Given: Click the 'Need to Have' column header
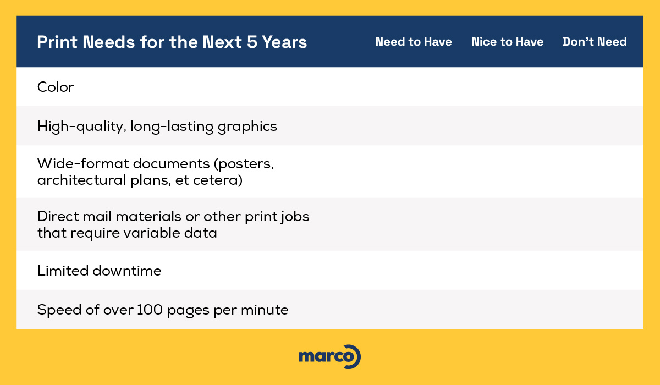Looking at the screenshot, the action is [x=414, y=42].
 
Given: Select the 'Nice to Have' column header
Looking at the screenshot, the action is [x=507, y=42].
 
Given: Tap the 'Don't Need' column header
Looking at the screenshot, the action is [x=595, y=42].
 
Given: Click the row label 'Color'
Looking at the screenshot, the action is [x=56, y=87].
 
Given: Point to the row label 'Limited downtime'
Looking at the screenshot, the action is [x=100, y=271].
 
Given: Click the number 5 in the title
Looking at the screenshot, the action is [x=252, y=42].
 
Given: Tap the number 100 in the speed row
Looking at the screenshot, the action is [x=150, y=310].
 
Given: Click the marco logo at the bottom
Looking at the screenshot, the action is [x=330, y=357].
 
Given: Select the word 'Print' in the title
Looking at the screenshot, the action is [x=57, y=42].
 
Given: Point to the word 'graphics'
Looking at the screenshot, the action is [x=247, y=127].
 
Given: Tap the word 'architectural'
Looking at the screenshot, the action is [x=82, y=180].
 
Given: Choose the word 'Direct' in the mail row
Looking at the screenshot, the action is [x=58, y=216].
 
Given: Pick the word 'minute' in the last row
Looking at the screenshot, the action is [x=265, y=310].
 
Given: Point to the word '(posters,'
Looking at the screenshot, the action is [x=244, y=164].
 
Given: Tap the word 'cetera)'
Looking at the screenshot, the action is [x=218, y=180].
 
